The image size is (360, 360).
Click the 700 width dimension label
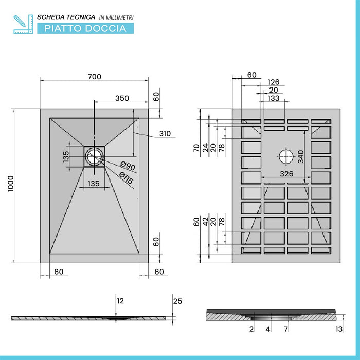(94, 77)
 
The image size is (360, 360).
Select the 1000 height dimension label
(11, 184)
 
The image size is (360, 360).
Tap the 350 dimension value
(122, 98)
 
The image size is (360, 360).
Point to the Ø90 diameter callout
(128, 166)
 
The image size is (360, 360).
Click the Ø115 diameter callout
(126, 178)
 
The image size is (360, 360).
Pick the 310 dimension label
(165, 133)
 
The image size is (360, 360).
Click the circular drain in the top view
(94, 156)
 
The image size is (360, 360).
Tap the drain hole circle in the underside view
(286, 156)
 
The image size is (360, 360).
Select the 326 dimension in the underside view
(286, 174)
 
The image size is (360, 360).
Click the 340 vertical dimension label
(301, 156)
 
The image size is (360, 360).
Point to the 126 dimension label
(274, 82)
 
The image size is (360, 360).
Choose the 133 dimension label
(274, 98)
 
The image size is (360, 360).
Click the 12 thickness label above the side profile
(120, 301)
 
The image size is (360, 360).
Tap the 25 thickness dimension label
(178, 301)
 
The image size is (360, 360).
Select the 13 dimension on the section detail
(339, 329)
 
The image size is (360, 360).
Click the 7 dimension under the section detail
(286, 329)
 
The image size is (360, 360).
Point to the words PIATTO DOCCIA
(85, 28)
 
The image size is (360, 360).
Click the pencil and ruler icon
(23, 24)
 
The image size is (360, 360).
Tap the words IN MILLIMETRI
(116, 17)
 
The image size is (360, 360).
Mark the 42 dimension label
(205, 222)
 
